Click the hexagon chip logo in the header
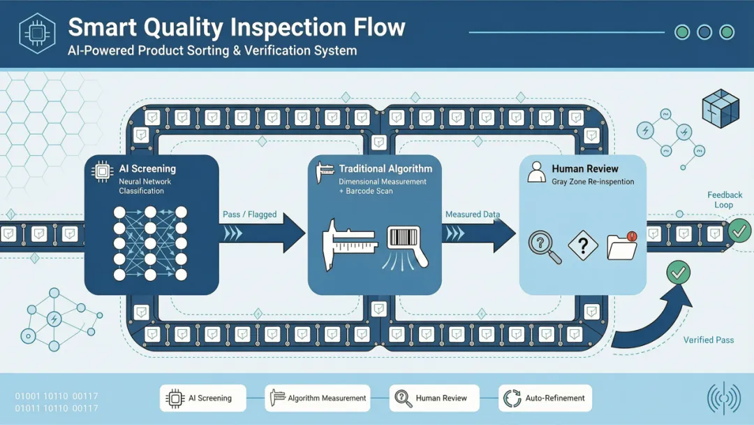point(37,33)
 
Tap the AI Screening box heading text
point(147,168)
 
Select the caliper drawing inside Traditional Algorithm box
point(348,244)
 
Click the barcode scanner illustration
point(406,247)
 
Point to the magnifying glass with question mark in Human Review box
point(545,247)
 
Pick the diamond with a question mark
point(583,245)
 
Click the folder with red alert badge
point(622,245)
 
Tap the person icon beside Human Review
point(536,173)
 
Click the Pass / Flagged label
point(249,214)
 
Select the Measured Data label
point(472,214)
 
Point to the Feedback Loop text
point(724,200)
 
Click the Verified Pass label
point(709,340)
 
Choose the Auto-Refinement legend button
point(545,398)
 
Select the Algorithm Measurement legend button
point(318,398)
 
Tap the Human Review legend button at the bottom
point(434,398)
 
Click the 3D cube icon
point(720,108)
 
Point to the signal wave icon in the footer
point(724,398)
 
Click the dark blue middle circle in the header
point(704,32)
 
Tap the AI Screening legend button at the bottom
point(203,398)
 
